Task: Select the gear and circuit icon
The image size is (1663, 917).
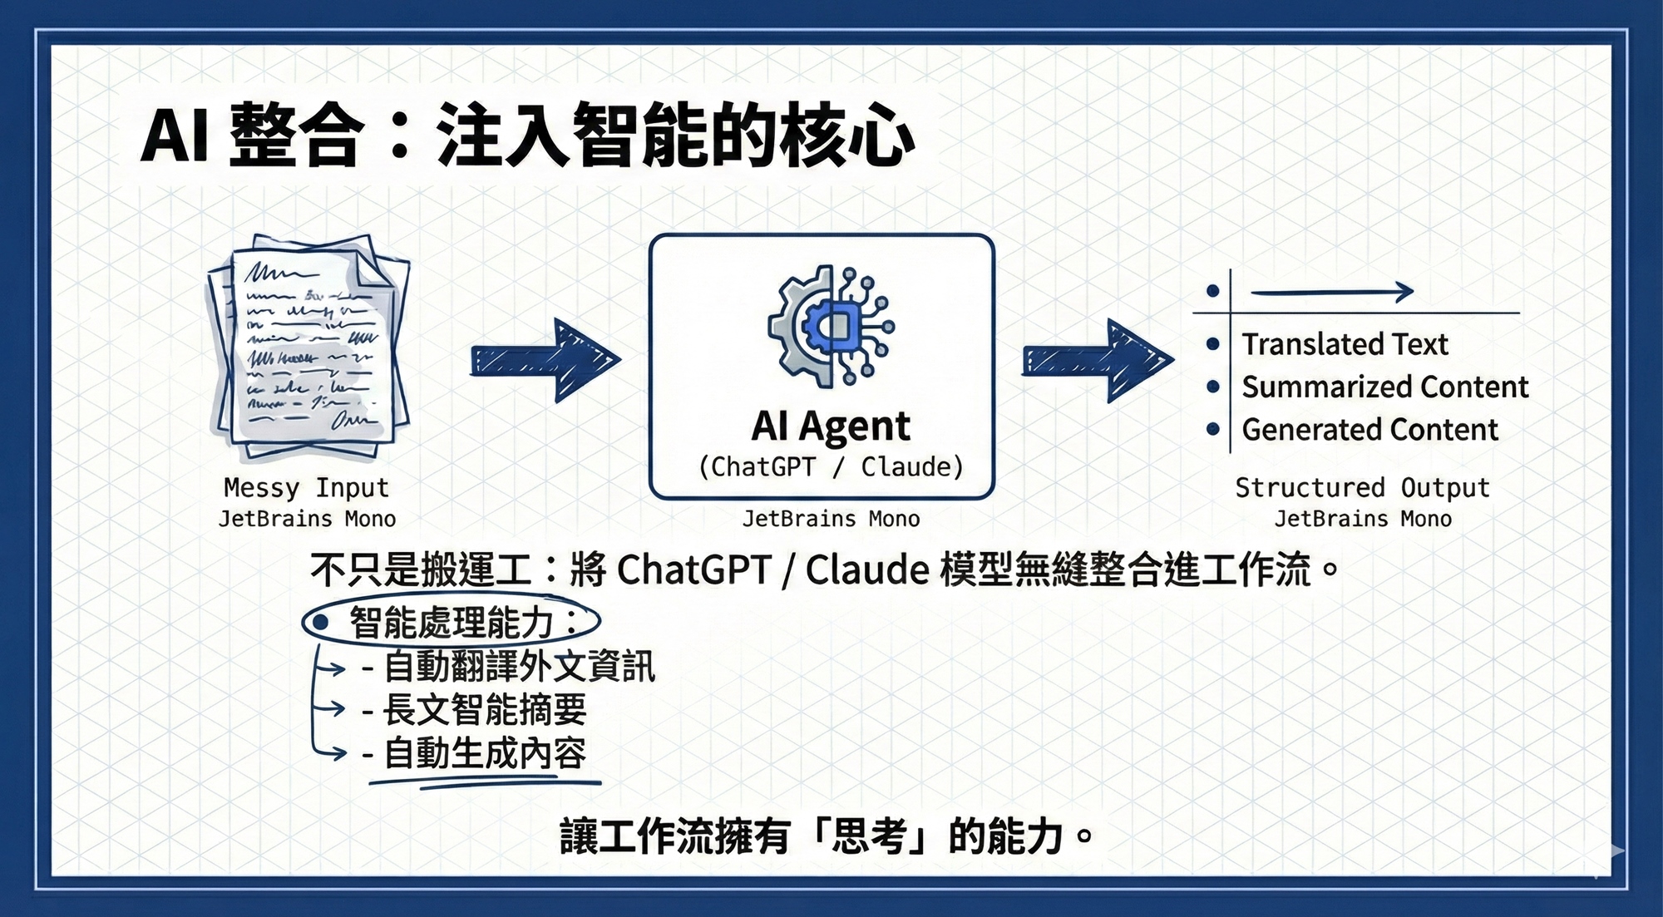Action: coord(830,326)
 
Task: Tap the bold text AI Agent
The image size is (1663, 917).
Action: coord(830,426)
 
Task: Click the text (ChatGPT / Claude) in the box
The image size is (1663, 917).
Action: coord(830,467)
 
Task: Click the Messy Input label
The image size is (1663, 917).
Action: coord(306,488)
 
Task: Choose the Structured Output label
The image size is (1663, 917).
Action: coord(1362,488)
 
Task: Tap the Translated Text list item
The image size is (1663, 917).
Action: coord(1345,344)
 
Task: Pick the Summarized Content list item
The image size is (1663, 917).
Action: coord(1384,387)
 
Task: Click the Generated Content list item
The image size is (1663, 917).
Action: coord(1369,430)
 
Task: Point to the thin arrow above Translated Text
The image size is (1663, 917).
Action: coord(1331,292)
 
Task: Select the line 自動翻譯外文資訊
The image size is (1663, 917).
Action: coord(519,667)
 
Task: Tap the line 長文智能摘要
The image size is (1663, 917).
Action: coord(485,710)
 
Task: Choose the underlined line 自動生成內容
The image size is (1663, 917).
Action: coord(485,754)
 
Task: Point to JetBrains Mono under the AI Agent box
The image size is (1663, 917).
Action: coord(831,520)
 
